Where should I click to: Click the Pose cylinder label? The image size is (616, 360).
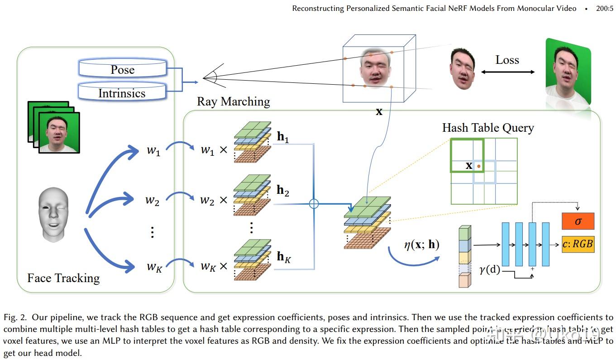point(123,70)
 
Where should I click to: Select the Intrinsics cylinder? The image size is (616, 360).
point(122,93)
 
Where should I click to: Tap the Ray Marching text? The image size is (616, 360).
point(233,101)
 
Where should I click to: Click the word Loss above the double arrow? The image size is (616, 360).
point(507,60)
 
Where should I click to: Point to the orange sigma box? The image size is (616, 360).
point(578,221)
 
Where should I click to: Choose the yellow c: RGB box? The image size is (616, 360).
point(578,244)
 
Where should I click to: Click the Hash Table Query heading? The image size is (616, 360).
point(488,128)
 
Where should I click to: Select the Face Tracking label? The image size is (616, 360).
point(63,278)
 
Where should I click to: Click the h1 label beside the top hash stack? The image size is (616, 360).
point(283,138)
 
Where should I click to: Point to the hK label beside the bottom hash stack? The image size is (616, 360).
point(284,257)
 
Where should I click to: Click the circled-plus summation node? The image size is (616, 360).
point(314,204)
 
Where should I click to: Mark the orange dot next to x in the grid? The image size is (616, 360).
point(479,167)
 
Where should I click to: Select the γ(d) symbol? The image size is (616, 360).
point(489,270)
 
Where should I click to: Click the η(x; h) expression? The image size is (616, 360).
point(421,245)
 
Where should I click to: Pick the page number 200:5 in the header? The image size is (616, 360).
point(605,8)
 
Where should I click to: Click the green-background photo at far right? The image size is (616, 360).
point(568,77)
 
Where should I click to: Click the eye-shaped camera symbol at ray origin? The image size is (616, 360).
point(210,78)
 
